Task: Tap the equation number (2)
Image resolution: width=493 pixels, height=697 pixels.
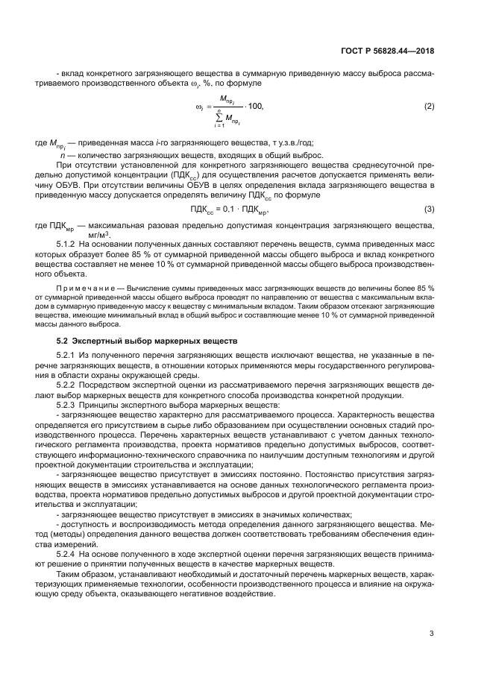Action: coord(429,107)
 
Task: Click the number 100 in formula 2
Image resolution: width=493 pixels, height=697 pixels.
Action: coord(255,107)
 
